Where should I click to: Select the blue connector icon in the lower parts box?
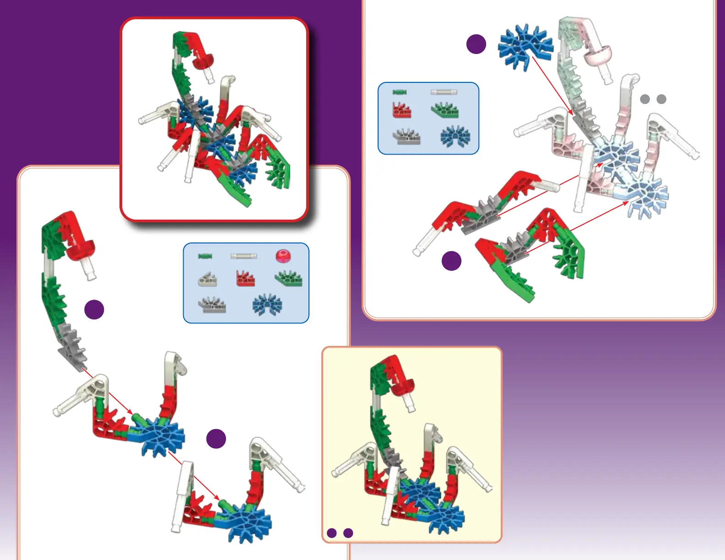pos(267,304)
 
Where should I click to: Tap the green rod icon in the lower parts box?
pos(205,256)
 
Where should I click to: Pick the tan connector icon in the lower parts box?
pos(207,279)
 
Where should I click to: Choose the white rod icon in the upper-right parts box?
pos(444,92)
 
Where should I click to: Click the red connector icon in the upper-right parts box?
pos(402,110)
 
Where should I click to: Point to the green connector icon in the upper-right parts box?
pos(445,110)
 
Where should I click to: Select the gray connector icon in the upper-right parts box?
pos(406,136)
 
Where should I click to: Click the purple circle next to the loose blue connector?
pos(476,44)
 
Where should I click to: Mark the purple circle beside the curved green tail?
pos(94,310)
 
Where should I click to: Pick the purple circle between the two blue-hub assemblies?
pos(216,439)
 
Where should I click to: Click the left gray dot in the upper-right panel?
pos(645,99)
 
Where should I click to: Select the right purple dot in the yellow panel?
pos(348,533)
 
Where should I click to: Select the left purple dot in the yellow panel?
pos(332,533)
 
